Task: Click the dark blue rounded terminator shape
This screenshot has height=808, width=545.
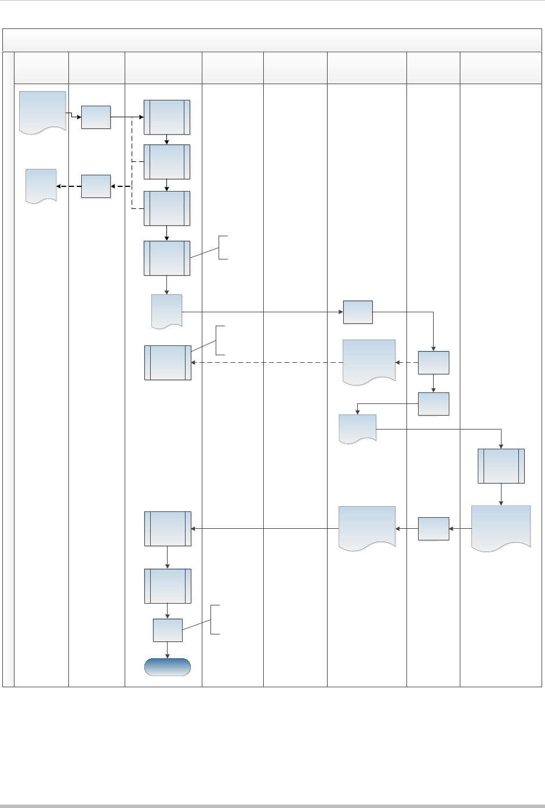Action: (x=168, y=667)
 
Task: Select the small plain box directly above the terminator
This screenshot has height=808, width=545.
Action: (x=168, y=630)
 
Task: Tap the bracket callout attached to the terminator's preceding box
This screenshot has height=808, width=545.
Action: (x=215, y=619)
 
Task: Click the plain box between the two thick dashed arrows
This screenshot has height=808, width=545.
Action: (x=96, y=186)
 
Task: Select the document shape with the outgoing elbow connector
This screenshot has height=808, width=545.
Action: (x=42, y=112)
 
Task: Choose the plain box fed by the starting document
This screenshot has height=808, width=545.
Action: (x=96, y=117)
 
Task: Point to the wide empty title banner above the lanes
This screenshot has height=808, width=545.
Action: (x=272, y=40)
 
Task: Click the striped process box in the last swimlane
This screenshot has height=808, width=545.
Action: (x=501, y=466)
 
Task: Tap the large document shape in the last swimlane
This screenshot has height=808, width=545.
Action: (x=501, y=526)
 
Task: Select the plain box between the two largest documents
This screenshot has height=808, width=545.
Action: (x=433, y=528)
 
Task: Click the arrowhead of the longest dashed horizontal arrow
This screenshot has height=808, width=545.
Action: (x=194, y=363)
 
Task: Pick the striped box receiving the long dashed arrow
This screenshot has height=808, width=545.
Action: (x=168, y=363)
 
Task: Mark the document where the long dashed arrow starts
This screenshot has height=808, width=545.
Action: (x=369, y=361)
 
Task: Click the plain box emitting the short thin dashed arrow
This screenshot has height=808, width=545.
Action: (x=433, y=363)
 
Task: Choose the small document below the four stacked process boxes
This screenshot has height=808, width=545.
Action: (x=167, y=311)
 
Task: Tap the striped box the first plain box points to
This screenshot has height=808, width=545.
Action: (x=167, y=117)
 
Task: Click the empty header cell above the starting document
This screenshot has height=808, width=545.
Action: (x=42, y=68)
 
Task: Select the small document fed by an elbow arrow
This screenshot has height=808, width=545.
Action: (x=358, y=428)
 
